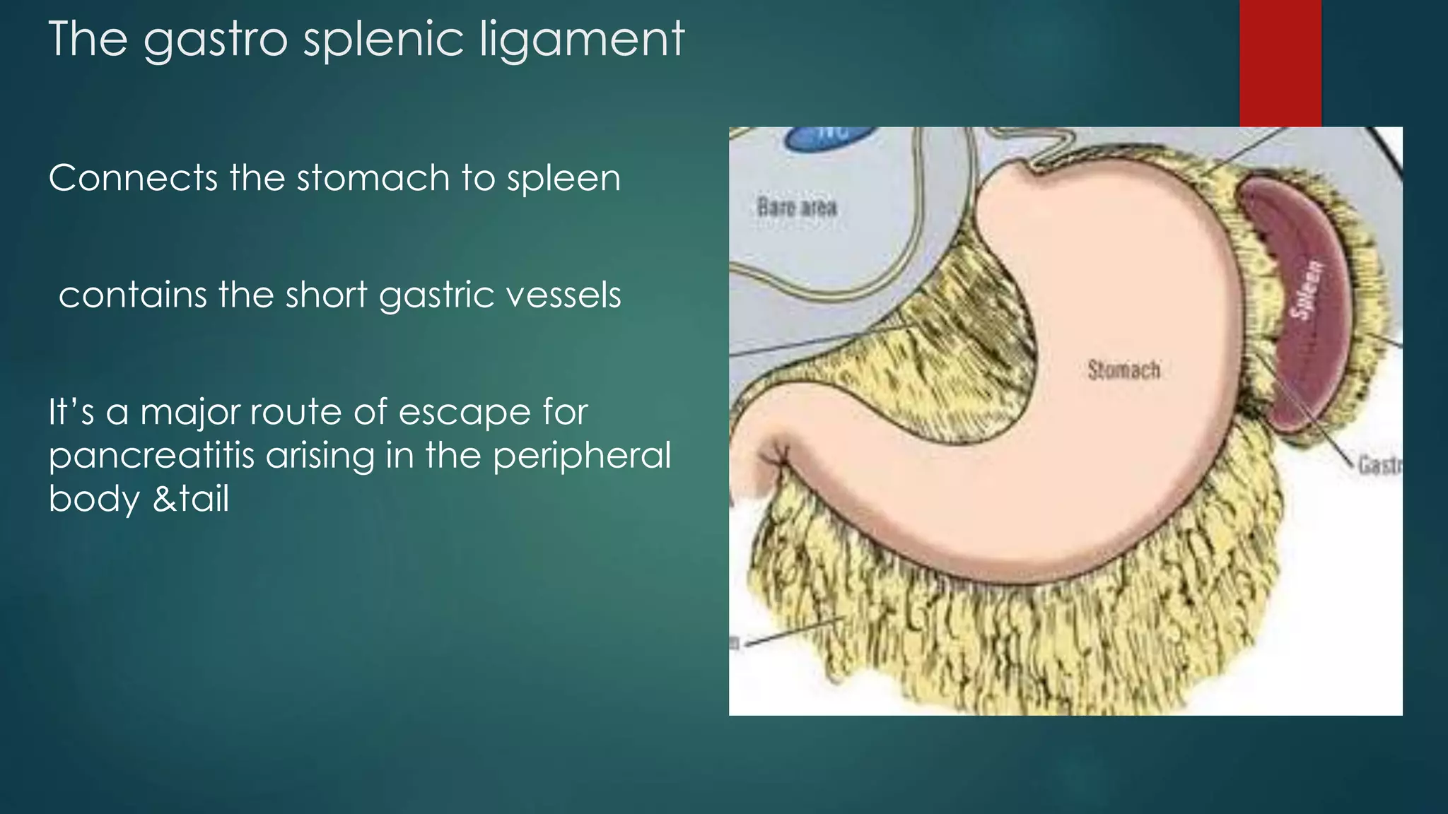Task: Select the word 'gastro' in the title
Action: tap(216, 41)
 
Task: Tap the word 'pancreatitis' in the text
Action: tap(151, 456)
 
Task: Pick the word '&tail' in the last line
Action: tap(191, 499)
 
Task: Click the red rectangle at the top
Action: tap(1280, 63)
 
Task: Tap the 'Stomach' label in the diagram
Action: tap(1123, 370)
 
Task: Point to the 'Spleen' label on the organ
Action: tap(1305, 289)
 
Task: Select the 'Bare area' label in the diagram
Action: tap(797, 207)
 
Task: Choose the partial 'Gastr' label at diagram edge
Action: tap(1379, 465)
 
